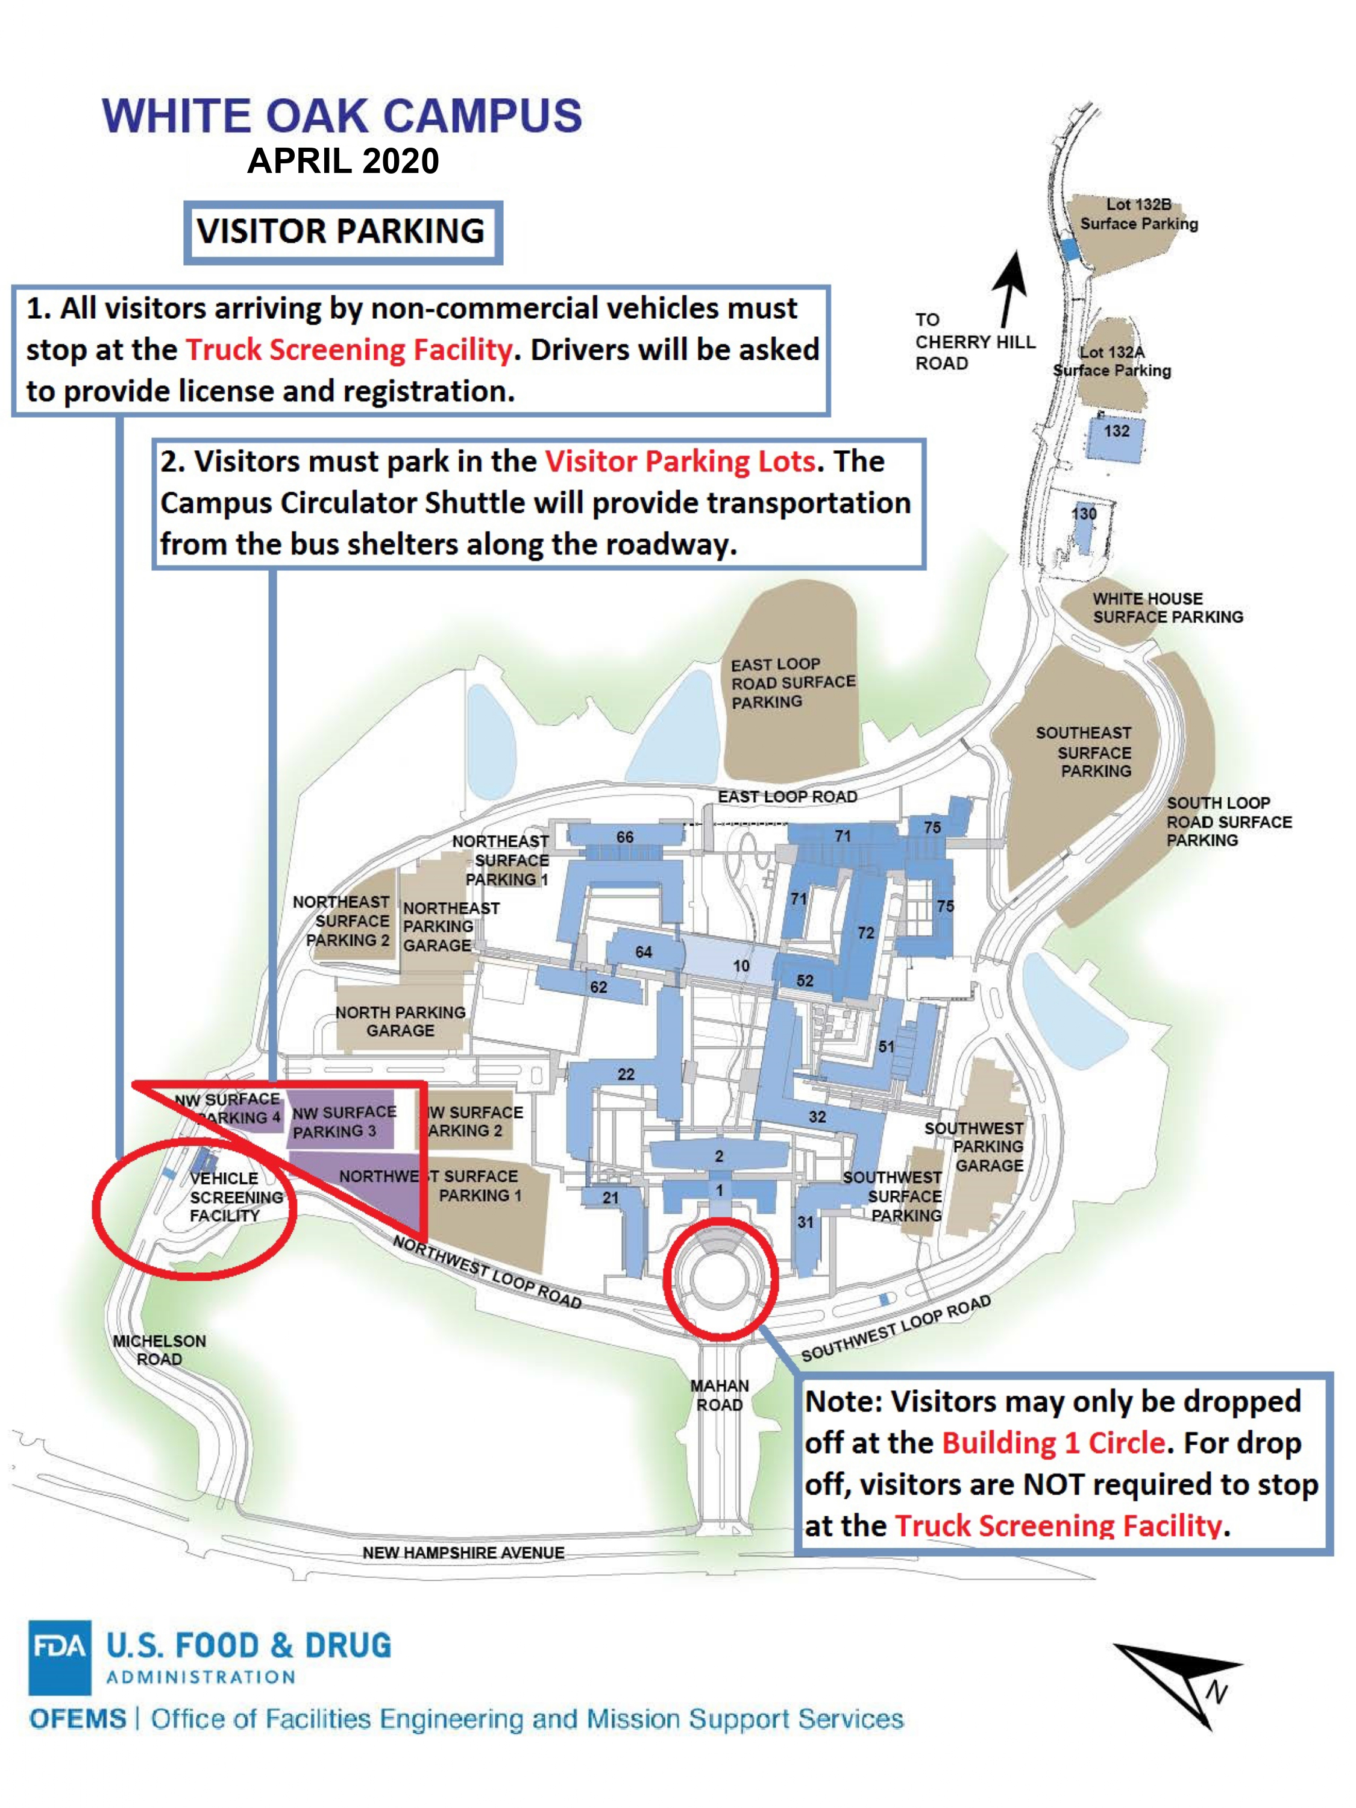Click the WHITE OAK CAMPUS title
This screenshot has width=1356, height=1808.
pos(342,116)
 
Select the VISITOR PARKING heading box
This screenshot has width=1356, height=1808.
pos(342,232)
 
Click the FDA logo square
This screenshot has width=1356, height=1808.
pos(59,1656)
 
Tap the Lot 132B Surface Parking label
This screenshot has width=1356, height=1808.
pos(1138,214)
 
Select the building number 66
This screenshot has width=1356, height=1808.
pos(624,837)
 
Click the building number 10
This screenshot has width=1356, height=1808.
pos(741,966)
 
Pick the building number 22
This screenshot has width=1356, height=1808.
pos(626,1074)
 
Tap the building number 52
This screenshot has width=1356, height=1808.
pos(805,981)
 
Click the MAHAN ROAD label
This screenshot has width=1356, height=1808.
pos(719,1395)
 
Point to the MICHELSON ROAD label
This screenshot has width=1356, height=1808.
pos(159,1351)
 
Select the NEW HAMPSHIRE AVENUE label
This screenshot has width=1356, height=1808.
pos(463,1552)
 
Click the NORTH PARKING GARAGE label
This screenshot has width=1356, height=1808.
pos(401,1022)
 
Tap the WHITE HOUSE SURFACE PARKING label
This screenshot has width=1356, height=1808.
pos(1167,608)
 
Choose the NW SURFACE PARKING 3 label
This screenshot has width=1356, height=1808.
pos(344,1122)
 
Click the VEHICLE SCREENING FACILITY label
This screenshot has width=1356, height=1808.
pos(236,1197)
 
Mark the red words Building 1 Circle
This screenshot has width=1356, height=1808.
pos(1053,1443)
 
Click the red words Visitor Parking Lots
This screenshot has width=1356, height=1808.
pos(680,462)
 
